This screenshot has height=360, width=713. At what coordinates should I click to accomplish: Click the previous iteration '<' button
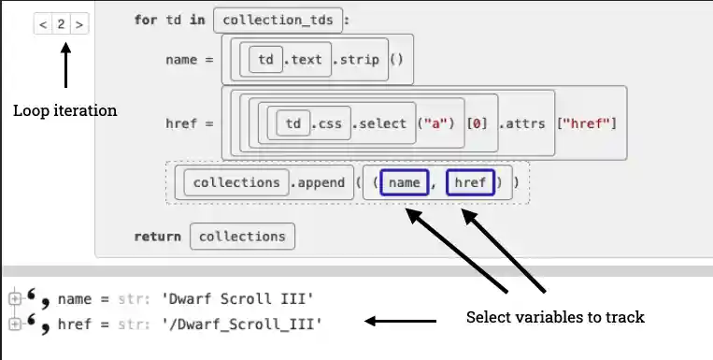pos(43,24)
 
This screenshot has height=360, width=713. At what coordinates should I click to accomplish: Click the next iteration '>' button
pos(79,24)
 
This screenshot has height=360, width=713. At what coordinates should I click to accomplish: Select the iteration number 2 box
pos(61,24)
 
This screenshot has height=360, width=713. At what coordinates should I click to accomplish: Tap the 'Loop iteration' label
pos(64,110)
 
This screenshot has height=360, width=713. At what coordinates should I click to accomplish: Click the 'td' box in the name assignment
pos(265,60)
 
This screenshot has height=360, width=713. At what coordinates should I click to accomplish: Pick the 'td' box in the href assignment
pos(292,123)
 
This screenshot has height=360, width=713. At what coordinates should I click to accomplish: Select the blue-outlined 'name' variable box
pos(404,183)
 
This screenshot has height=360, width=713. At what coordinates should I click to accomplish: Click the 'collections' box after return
pos(243,237)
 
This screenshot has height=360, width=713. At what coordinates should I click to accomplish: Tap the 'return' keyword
pos(157,237)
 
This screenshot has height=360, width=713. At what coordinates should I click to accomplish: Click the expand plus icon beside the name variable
pos(14,299)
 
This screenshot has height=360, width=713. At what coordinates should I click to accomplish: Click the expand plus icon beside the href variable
pos(14,324)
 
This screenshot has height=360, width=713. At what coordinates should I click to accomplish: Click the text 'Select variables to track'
pos(555,317)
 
